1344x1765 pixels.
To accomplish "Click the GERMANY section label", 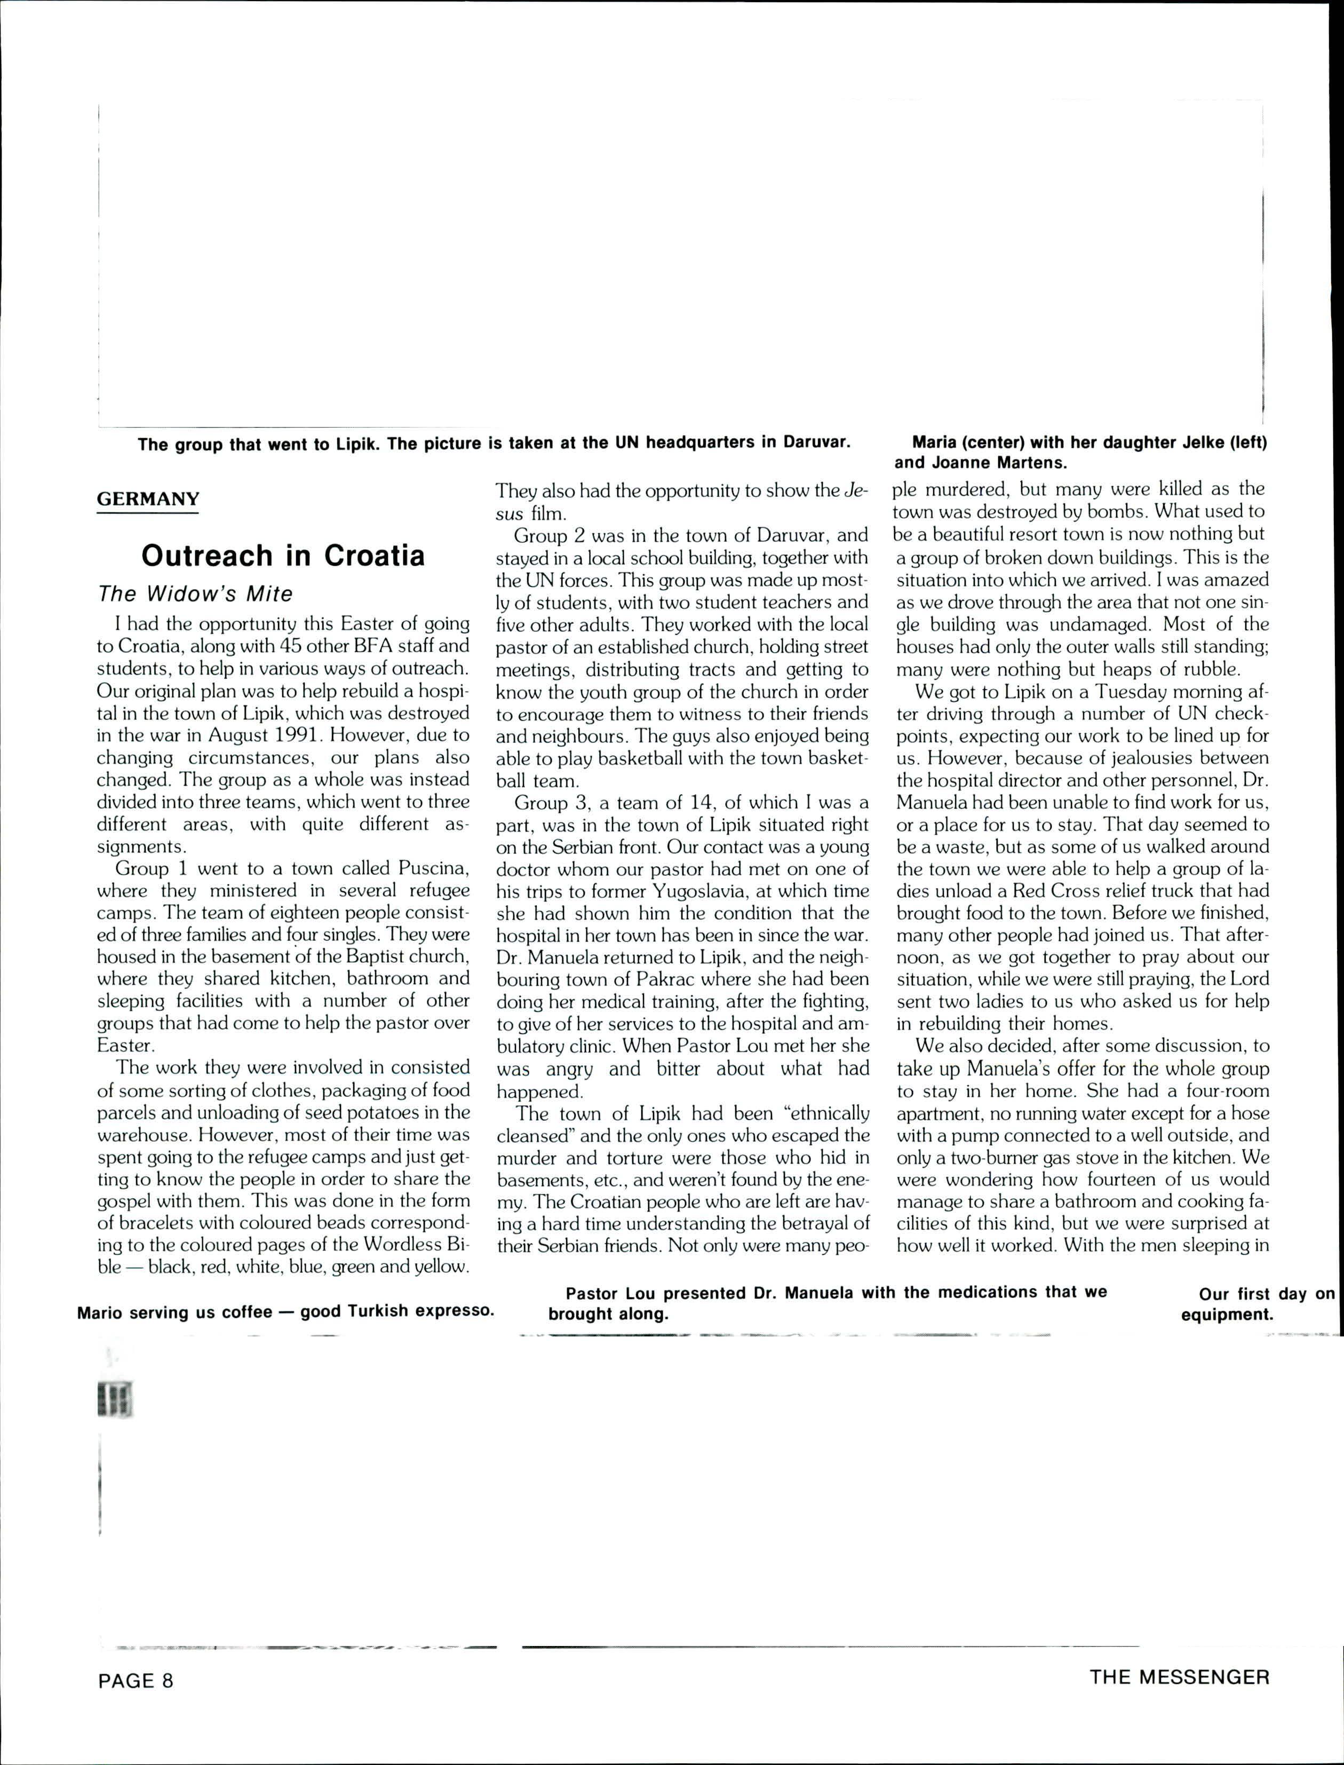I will (x=148, y=499).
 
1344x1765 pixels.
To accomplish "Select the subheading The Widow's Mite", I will (x=195, y=593).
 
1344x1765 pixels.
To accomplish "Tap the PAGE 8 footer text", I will (x=135, y=1680).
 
